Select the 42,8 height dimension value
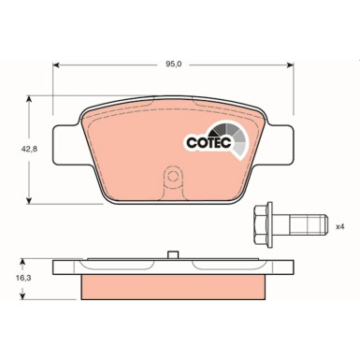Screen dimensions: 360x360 pyautogui.click(x=16, y=149)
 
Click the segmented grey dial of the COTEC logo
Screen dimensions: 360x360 pyautogui.click(x=232, y=137)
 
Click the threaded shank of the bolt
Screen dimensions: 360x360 pyautogui.click(x=307, y=225)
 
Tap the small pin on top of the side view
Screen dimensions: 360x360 pyautogui.click(x=172, y=254)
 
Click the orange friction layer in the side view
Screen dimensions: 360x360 pyautogui.click(x=172, y=284)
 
